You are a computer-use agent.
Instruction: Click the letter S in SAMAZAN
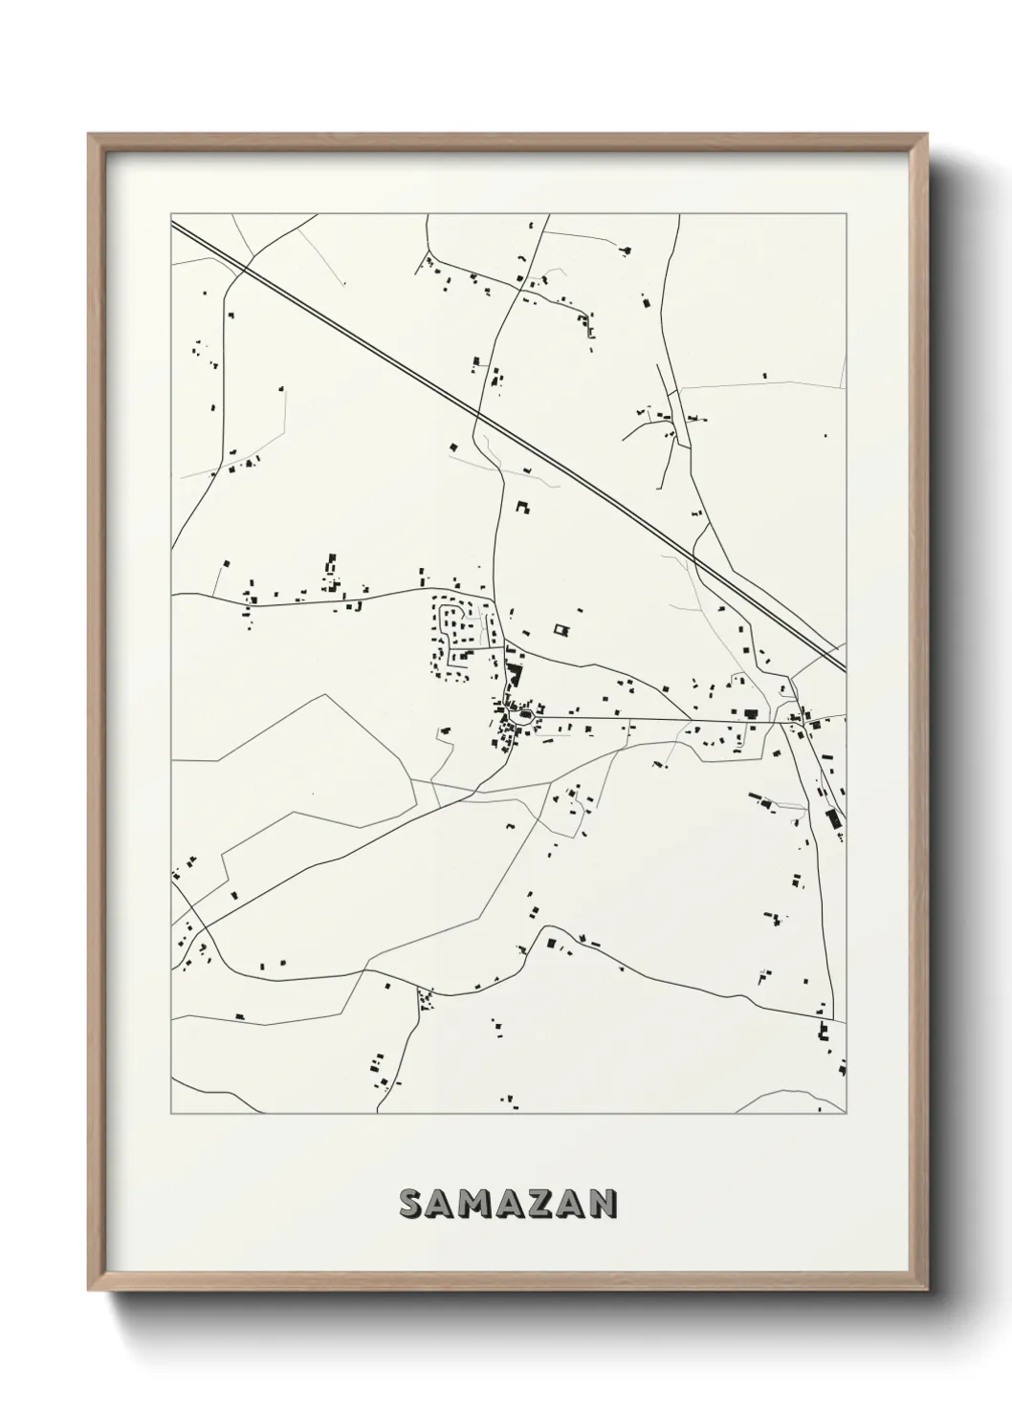[413, 1205]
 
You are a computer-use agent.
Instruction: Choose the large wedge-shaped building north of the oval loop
[517, 677]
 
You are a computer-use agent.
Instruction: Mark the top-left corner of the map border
[171, 214]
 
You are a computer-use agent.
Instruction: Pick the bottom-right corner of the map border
[847, 1114]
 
